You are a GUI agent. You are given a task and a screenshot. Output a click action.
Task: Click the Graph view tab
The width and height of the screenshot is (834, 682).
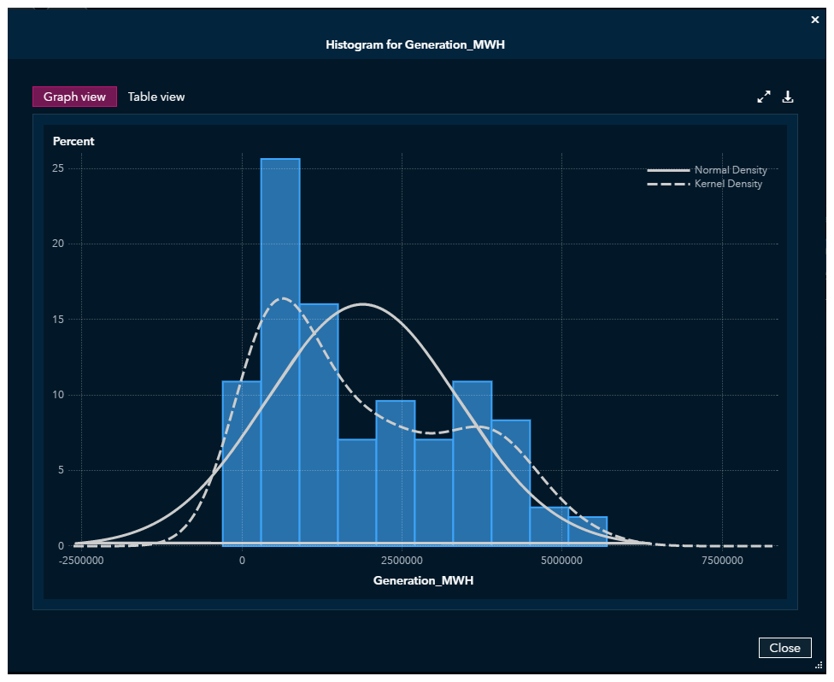pos(74,97)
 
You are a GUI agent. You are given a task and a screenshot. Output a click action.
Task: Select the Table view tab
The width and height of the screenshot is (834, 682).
pos(156,97)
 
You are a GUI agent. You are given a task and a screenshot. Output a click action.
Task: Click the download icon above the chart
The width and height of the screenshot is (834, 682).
pos(788,97)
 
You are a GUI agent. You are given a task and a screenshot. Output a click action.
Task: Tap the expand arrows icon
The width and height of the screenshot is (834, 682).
pos(764,97)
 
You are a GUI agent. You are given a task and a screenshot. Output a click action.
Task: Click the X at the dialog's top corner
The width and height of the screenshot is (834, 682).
pos(814,20)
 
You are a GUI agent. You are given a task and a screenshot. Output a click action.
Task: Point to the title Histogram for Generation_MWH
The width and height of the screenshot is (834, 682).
pos(415,44)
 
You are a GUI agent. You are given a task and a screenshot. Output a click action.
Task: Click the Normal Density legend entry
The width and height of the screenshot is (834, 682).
pos(730,170)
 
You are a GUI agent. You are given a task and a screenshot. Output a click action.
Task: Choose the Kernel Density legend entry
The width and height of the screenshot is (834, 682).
pos(728,184)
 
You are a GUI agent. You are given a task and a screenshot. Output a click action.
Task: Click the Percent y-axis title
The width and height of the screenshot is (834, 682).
pos(73,141)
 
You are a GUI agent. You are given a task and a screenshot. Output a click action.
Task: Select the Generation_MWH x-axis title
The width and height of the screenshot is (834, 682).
pos(423,581)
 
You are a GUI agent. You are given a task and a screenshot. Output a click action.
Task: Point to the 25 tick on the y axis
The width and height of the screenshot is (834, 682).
pos(59,168)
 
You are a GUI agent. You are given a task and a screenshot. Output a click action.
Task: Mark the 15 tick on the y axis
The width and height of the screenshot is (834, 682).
pos(59,320)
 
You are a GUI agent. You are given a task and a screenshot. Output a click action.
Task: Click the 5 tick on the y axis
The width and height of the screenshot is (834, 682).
pos(62,470)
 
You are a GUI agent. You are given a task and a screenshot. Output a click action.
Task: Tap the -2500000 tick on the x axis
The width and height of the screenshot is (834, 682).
pos(82,561)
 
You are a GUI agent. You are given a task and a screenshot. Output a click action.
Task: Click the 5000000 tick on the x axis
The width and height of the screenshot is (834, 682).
pos(561,561)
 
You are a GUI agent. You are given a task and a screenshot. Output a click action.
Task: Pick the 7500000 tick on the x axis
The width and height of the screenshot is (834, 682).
pos(722,561)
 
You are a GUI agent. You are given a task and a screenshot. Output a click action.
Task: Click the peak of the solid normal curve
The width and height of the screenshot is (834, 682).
pos(363,304)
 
